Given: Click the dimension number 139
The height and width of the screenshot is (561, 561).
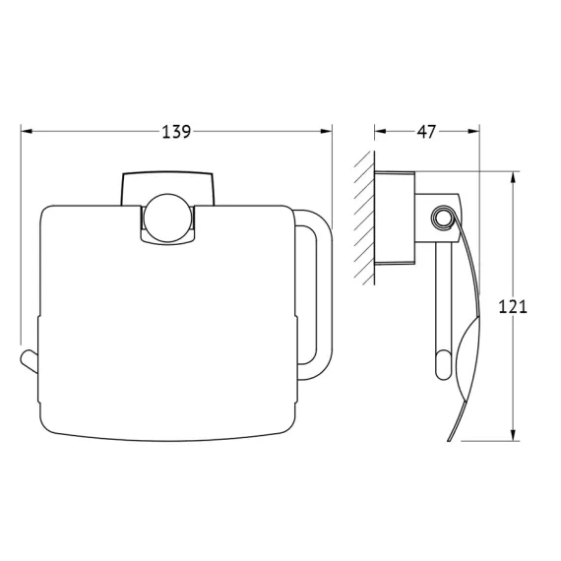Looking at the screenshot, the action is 176,132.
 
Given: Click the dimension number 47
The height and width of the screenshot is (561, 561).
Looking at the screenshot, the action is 426,132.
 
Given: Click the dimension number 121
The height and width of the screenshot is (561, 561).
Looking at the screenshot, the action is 513,307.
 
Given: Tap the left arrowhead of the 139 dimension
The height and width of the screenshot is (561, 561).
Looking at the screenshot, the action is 27,131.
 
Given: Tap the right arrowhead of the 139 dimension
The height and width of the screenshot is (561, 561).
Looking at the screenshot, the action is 326,131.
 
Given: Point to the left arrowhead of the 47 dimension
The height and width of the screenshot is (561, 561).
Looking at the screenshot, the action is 380,131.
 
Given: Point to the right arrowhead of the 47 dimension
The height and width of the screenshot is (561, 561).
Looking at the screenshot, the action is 473,131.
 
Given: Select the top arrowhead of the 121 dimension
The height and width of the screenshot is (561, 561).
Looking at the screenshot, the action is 514,178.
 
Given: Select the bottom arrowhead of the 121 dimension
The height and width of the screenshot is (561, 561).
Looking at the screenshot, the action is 514,435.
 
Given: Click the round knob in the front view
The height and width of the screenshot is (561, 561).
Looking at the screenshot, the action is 167,218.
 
